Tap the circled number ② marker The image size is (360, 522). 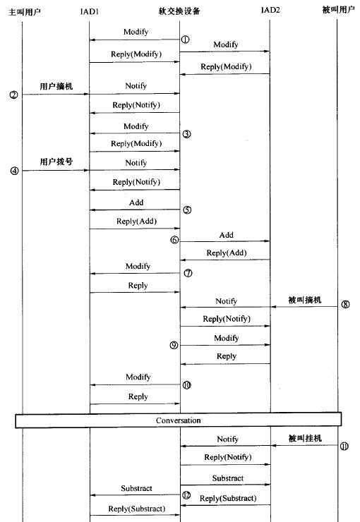point(13,94)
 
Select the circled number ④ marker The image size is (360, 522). point(13,170)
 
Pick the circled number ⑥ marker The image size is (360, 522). point(174,240)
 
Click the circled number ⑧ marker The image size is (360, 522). point(345,305)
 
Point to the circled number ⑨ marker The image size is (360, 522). point(174,345)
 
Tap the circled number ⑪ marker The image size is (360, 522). point(344,446)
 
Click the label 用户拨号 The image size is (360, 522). point(56,162)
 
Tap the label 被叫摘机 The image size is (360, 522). point(304,300)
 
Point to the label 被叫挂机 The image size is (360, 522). point(304,439)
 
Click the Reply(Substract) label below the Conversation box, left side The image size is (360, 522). point(136,509)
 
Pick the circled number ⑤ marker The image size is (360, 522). point(186,210)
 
